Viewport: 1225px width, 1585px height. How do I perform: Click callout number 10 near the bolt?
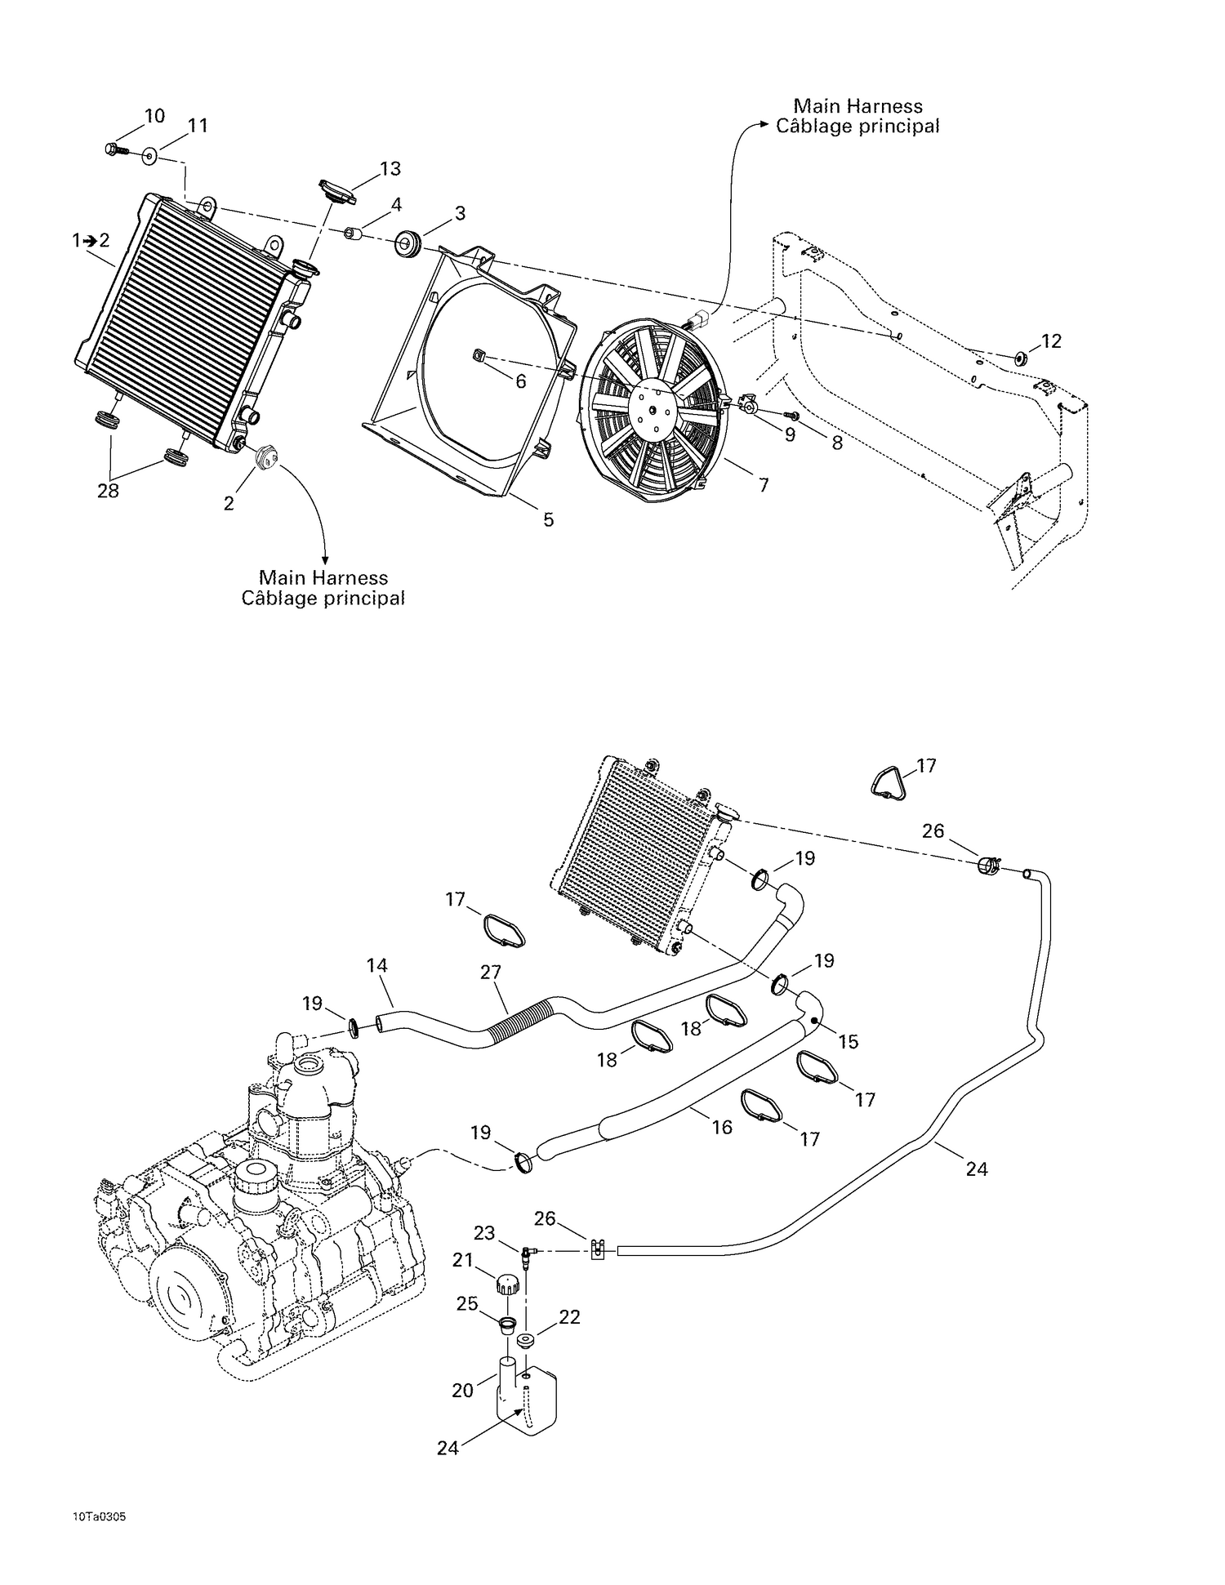tap(154, 116)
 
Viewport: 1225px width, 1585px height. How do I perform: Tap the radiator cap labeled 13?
tap(337, 192)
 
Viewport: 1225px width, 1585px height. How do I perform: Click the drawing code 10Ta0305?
tap(98, 1516)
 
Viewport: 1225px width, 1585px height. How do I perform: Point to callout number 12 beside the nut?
tap(1052, 341)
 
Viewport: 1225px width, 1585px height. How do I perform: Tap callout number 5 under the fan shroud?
tap(549, 519)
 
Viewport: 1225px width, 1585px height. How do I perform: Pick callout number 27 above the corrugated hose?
tap(491, 973)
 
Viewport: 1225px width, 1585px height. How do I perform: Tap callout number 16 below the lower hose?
tap(722, 1127)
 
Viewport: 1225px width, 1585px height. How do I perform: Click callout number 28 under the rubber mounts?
tap(108, 491)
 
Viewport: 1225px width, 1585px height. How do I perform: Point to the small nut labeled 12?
tap(1021, 357)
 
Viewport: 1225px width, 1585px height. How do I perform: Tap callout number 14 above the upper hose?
tap(376, 965)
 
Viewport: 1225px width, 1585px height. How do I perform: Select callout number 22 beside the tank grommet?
tap(569, 1318)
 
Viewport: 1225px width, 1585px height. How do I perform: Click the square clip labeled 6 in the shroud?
tap(480, 354)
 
